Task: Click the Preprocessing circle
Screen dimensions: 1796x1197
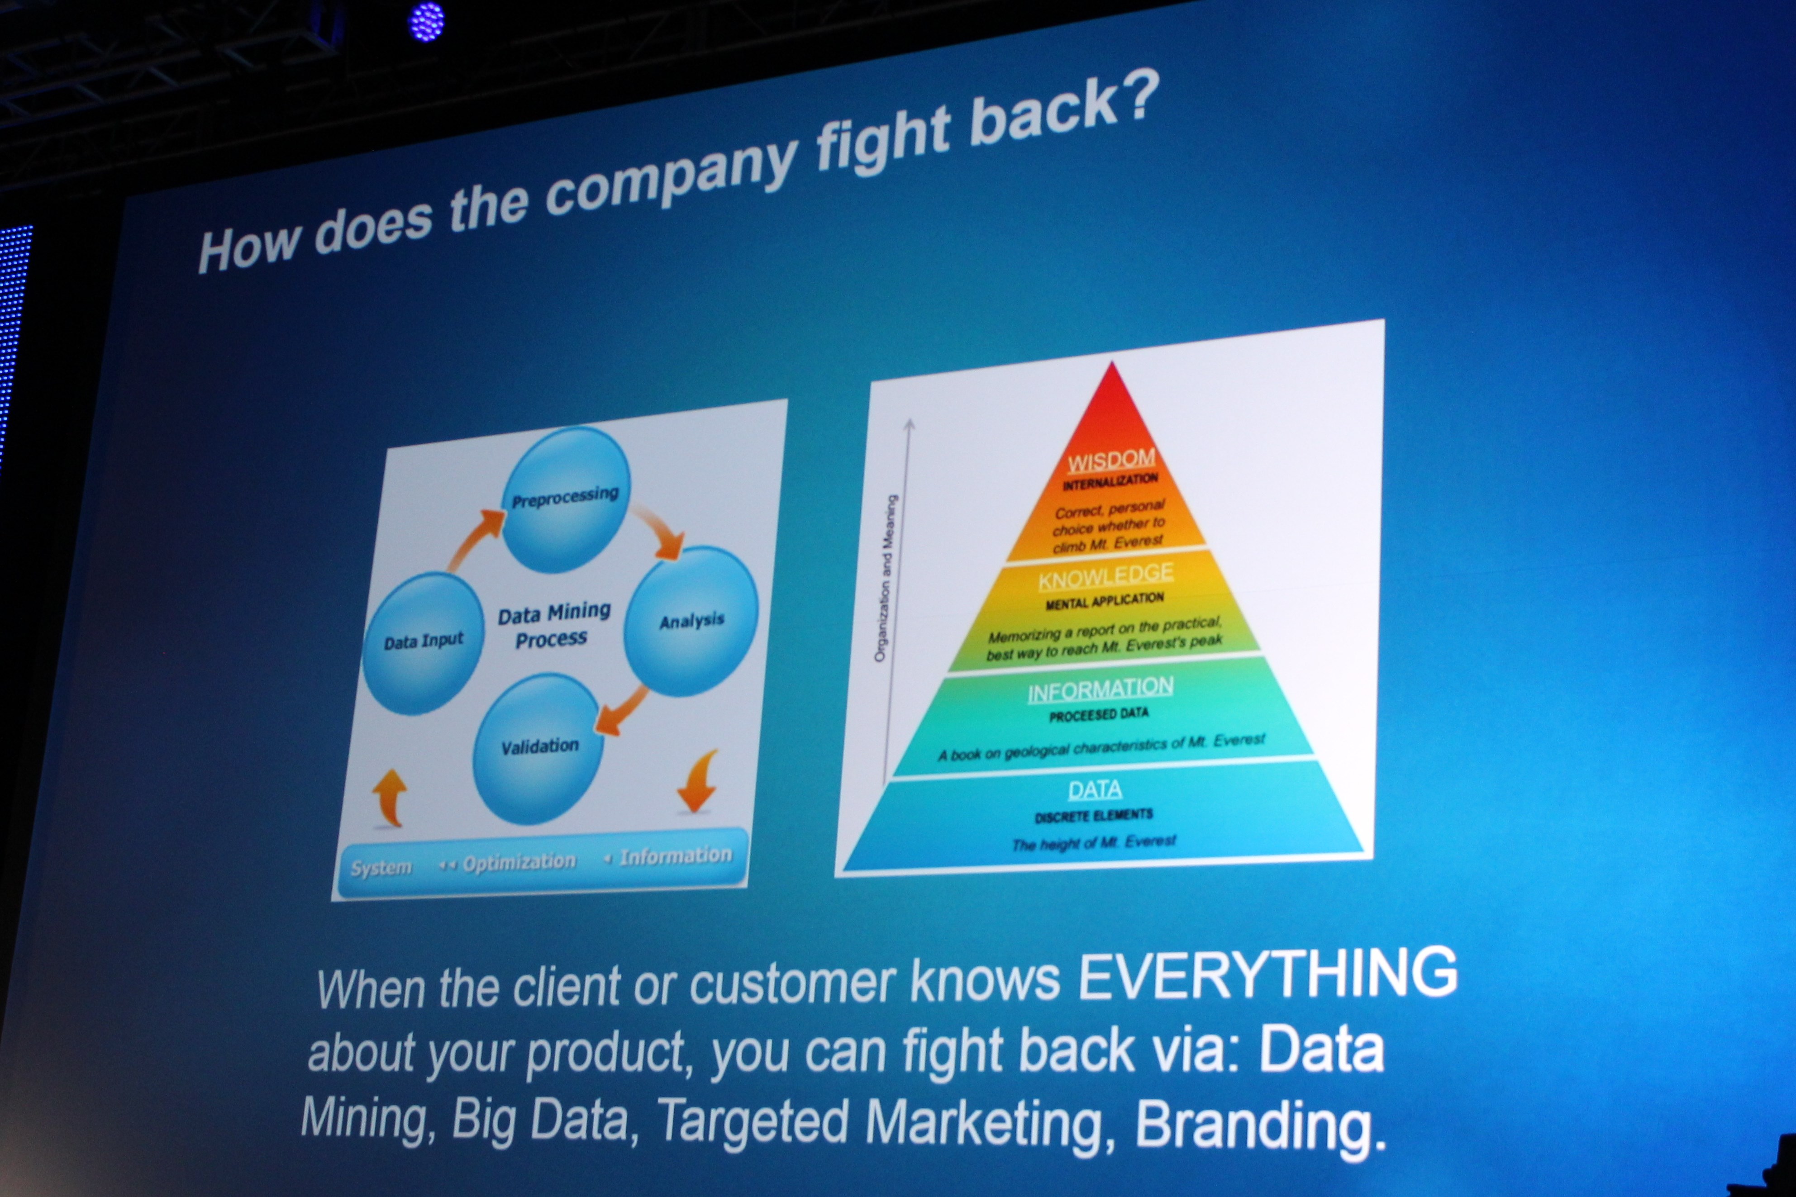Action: [566, 499]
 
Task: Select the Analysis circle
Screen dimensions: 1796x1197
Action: [691, 621]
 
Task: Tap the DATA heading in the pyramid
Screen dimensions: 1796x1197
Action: [1095, 789]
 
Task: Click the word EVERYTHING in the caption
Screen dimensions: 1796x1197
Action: [1267, 975]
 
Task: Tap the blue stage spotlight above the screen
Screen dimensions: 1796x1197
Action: [426, 21]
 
